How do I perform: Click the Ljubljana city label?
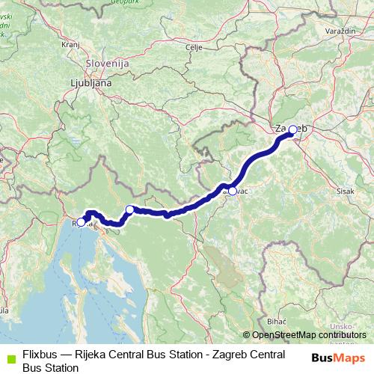[x=91, y=83]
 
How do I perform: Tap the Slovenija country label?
[x=108, y=64]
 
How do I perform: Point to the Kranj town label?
[x=70, y=45]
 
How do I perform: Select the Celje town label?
[x=194, y=47]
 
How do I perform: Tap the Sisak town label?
[x=346, y=191]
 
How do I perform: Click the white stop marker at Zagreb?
[x=292, y=129]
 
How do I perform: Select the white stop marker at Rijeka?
[x=81, y=222]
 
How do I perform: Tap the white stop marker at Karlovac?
[x=233, y=191]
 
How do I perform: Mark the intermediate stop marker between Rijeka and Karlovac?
[x=130, y=209]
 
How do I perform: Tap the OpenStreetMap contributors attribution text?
[x=307, y=334]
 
